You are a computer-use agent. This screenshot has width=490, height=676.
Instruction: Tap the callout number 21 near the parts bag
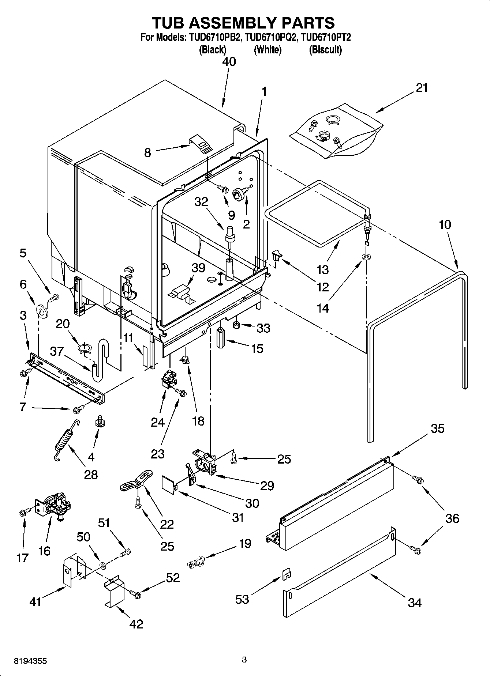(422, 88)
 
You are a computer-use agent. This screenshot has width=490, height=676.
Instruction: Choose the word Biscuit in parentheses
(325, 50)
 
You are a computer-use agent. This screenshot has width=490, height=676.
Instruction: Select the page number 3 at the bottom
(244, 660)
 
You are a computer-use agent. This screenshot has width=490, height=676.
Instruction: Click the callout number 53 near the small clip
(242, 599)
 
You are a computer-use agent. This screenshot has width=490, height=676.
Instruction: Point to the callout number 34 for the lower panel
(415, 603)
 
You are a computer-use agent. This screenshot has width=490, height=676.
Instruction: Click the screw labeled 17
(23, 513)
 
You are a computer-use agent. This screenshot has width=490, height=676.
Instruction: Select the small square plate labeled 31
(169, 483)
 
